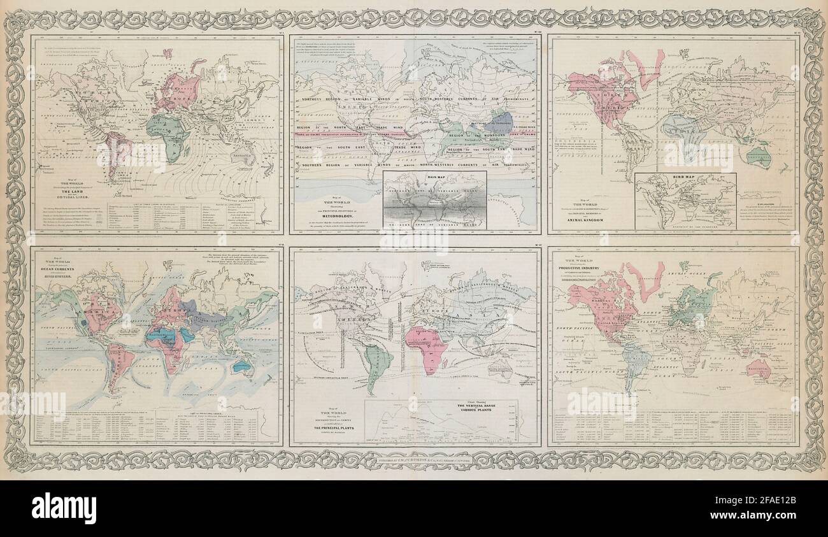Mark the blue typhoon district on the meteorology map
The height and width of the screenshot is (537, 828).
pyautogui.click(x=502, y=121)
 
